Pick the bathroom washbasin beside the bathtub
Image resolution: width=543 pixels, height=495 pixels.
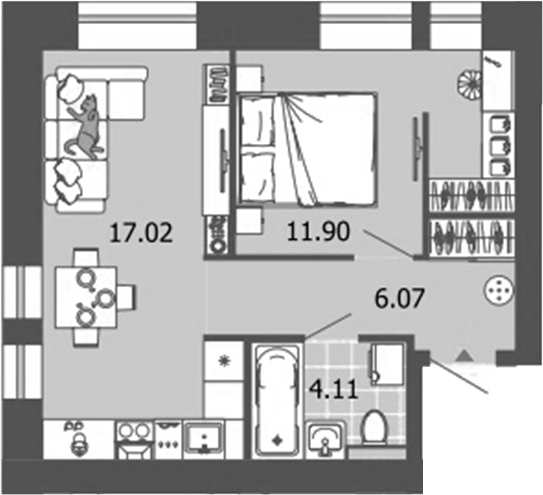point(326,437)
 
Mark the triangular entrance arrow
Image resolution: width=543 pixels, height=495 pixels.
point(462,353)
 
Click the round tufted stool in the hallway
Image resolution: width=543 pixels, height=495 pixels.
point(497,291)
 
